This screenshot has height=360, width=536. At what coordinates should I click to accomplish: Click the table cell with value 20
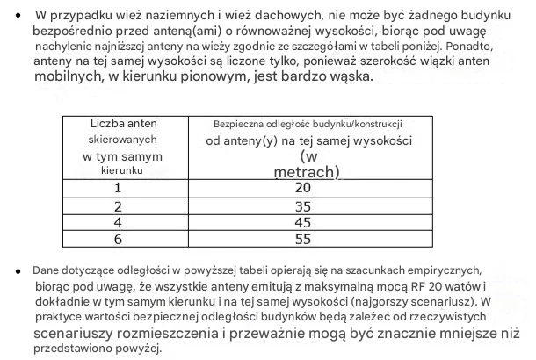(x=303, y=188)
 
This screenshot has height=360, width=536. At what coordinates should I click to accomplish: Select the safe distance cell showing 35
(x=303, y=206)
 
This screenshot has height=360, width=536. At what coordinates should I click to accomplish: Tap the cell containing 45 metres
(x=303, y=222)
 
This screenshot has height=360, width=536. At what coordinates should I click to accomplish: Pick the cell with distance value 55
(x=303, y=238)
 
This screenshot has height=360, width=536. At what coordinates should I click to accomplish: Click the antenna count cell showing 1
(x=117, y=188)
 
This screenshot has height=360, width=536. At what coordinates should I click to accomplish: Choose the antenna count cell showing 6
(x=117, y=238)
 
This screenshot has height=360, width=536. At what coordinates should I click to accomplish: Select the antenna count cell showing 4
(x=117, y=222)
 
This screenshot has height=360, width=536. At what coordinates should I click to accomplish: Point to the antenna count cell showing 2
(x=117, y=206)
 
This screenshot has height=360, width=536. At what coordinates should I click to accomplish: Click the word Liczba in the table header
(x=106, y=124)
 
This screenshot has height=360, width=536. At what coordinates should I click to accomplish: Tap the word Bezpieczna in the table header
(x=239, y=125)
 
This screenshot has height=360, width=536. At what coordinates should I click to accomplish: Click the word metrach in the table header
(x=302, y=171)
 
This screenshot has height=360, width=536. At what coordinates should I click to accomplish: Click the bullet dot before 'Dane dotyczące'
(x=18, y=271)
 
